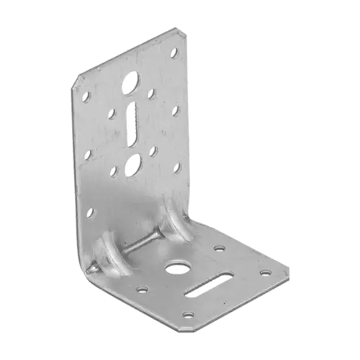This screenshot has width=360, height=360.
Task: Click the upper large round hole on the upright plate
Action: [134, 81]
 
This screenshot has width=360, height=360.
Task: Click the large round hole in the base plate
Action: [175, 270]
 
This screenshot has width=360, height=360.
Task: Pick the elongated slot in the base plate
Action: [210, 284]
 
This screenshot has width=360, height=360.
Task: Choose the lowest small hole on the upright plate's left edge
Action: [91, 211]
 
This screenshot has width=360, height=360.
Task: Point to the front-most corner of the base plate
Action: [189, 325]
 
